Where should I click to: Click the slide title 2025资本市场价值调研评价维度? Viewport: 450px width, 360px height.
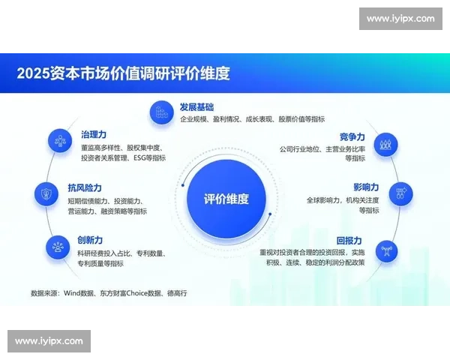coord(123,73)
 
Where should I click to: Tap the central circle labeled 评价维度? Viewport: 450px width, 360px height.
coord(226,199)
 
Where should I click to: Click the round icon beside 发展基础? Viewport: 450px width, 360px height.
coord(161,113)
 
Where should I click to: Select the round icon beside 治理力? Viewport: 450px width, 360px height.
coord(59,141)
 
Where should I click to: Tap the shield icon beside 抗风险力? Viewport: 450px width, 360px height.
coord(46,194)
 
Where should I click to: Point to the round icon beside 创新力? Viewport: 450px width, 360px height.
coord(58,246)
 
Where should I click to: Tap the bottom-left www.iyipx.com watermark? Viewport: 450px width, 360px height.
coord(49,341)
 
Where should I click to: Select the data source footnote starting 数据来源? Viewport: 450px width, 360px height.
coord(108,292)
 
